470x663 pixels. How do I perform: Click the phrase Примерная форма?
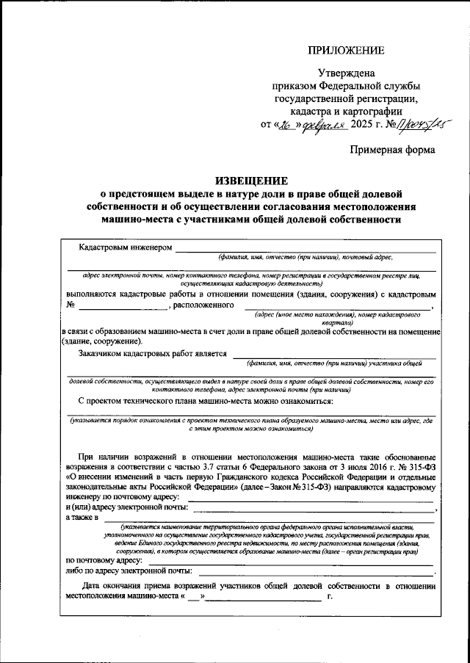coord(392,149)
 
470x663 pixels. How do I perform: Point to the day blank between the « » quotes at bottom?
coord(193,598)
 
